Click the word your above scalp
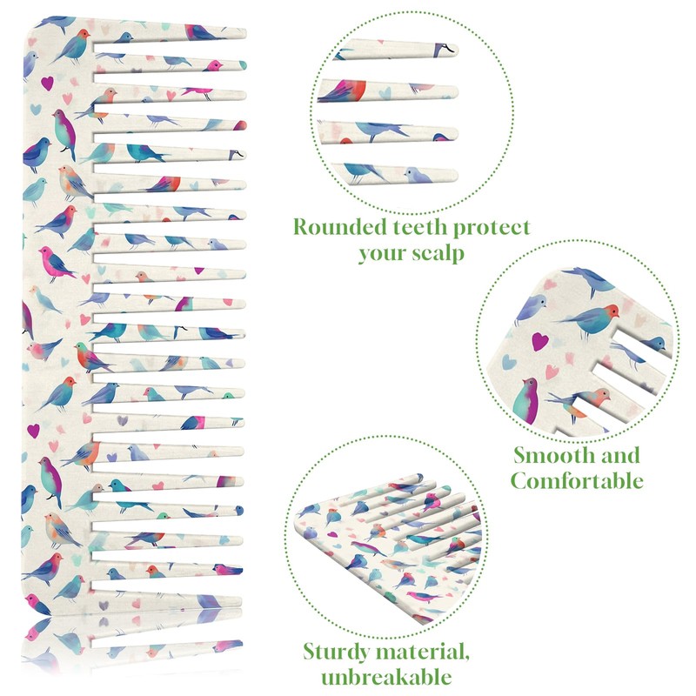coord(379,254)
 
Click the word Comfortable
coord(577,480)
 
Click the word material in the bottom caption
coord(421,651)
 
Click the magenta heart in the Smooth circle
coord(540,342)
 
